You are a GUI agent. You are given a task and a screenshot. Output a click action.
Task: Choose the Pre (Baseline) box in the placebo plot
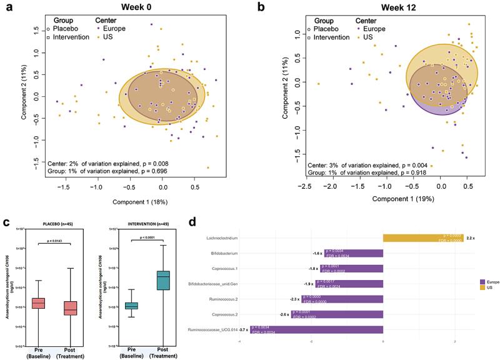tap(39, 303)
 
